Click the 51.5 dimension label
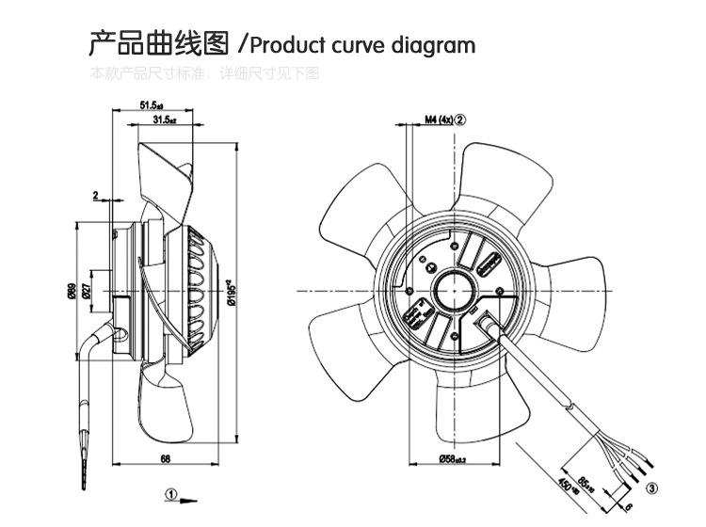pos(152,105)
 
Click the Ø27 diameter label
pos(86,293)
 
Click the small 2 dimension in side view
pos(95,195)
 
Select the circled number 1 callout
pos(171,493)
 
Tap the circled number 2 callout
pos(461,120)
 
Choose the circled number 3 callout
pos(651,487)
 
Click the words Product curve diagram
pos(362,45)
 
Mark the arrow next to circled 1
pos(190,498)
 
